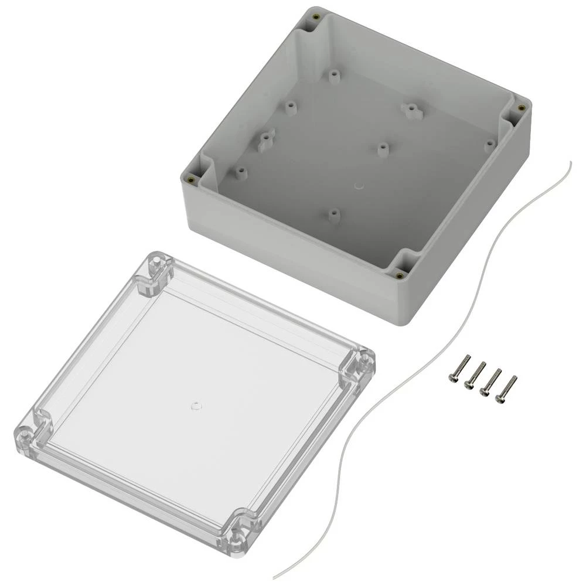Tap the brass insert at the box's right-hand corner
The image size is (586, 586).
(x=520, y=107)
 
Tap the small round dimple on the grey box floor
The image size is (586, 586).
(x=359, y=186)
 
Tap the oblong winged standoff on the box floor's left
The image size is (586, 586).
(x=265, y=139)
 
